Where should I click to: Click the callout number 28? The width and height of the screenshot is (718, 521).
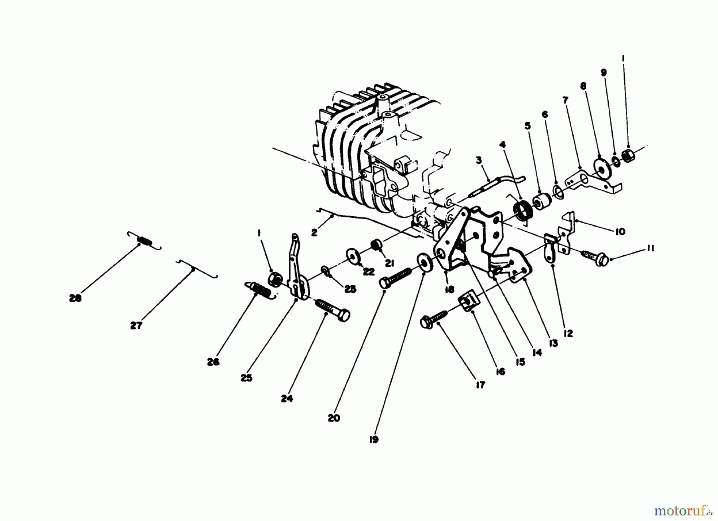75,298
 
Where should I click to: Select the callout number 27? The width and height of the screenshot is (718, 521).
136,326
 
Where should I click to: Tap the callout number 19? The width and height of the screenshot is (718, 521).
373,439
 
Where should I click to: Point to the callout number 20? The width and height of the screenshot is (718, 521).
334,418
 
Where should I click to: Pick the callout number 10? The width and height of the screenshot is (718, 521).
620,232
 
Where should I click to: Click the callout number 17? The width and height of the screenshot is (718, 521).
480,385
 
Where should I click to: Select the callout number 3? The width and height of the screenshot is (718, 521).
479,160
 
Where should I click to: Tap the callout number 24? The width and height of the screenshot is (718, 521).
286,398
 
